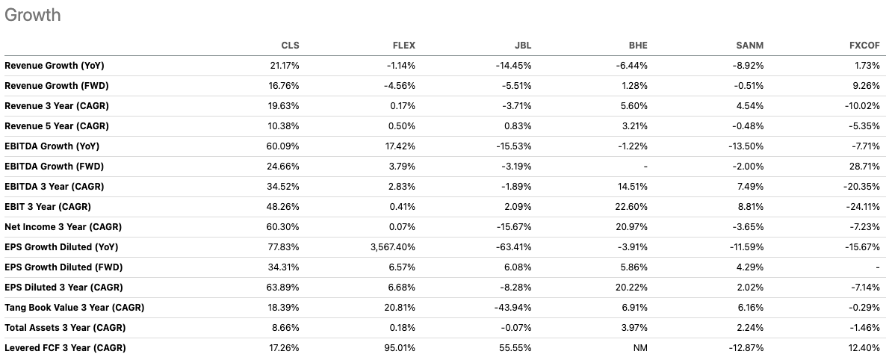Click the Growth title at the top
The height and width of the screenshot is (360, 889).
click(x=32, y=15)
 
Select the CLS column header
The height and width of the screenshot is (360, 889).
click(x=290, y=46)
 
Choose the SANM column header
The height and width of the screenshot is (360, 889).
click(x=750, y=46)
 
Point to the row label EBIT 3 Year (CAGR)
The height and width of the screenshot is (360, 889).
click(x=48, y=207)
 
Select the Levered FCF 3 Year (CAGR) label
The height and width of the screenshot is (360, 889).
click(x=65, y=348)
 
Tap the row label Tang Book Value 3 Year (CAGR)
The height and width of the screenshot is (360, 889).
click(x=74, y=308)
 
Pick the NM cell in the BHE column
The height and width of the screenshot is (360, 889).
click(x=639, y=348)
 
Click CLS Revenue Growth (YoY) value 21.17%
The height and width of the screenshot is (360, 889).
click(x=285, y=66)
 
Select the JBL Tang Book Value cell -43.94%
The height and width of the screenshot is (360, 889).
click(x=514, y=308)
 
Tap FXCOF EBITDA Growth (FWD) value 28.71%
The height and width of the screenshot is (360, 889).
click(x=862, y=167)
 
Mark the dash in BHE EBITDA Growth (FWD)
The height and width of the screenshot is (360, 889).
click(x=645, y=167)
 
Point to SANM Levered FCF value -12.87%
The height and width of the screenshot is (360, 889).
click(x=746, y=348)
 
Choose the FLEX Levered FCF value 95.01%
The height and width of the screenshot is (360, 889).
click(x=400, y=348)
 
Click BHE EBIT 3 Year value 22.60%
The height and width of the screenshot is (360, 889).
click(x=631, y=207)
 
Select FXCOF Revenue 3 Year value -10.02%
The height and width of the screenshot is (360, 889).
click(x=860, y=106)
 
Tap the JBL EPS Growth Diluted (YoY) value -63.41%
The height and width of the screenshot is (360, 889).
click(x=514, y=247)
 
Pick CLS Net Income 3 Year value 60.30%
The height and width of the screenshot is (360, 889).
click(x=284, y=227)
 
